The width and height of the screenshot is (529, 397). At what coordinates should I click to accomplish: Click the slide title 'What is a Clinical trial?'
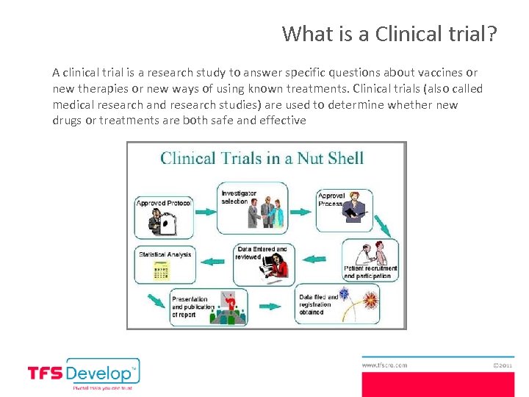pyautogui.click(x=389, y=34)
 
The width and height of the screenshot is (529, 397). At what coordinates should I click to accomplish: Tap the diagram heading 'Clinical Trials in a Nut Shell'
pyautogui.click(x=262, y=158)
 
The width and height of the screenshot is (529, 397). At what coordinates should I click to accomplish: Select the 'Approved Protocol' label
pyautogui.click(x=163, y=203)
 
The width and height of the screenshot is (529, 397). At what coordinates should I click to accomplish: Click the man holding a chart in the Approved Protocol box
pyautogui.click(x=156, y=220)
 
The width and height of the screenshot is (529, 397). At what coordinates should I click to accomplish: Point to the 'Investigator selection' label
pyautogui.click(x=239, y=197)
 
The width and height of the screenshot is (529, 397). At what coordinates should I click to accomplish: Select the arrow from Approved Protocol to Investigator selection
pyautogui.click(x=206, y=207)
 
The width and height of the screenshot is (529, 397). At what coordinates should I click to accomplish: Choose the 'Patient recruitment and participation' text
pyautogui.click(x=370, y=272)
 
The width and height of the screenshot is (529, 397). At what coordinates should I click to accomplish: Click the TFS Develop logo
pyautogui.click(x=83, y=373)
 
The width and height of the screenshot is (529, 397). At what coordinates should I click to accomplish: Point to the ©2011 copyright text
pyautogui.click(x=503, y=364)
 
